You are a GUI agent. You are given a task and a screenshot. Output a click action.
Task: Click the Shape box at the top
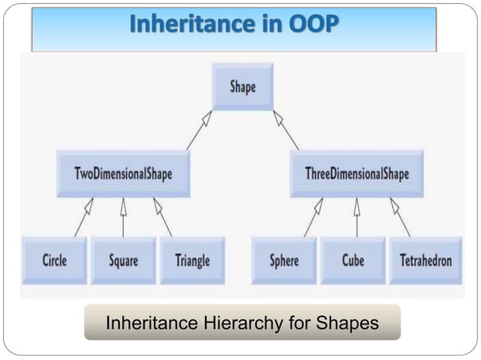(x=242, y=87)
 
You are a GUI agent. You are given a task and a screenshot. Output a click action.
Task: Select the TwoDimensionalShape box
(x=123, y=174)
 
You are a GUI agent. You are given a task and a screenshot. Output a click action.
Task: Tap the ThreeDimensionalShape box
(x=357, y=174)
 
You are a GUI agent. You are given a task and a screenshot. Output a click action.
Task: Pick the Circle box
(x=54, y=261)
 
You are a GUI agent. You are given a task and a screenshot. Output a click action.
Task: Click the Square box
(x=123, y=261)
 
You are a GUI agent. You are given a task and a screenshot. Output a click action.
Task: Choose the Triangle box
(x=191, y=261)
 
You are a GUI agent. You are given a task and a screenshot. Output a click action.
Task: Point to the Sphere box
(x=284, y=261)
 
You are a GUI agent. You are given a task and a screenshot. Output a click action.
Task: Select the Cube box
(x=352, y=261)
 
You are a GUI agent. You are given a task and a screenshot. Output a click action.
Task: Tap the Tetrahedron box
(x=425, y=261)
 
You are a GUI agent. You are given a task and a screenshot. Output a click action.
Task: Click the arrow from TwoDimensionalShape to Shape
(x=199, y=130)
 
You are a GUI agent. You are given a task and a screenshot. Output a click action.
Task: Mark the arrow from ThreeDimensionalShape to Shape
(x=286, y=130)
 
